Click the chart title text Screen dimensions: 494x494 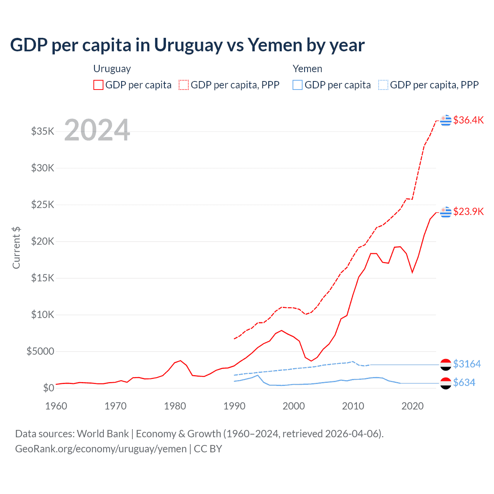187,45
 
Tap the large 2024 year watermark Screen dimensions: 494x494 97,130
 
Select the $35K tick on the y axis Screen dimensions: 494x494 43,131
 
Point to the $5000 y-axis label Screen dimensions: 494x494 40,351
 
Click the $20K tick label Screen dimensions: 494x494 43,241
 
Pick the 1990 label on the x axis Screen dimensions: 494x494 234,406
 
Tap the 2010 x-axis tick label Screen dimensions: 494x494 353,406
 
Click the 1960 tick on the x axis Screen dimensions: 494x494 56,406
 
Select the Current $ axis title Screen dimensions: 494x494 16,248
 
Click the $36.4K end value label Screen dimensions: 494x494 468,120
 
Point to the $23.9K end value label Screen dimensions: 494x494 468,211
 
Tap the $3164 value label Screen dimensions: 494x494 467,364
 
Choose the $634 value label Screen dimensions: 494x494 464,382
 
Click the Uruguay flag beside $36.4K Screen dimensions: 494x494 446,120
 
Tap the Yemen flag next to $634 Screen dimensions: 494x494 446,383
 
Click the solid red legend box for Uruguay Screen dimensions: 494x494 98,85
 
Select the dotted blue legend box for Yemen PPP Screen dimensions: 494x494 383,85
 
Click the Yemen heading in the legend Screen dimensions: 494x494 307,69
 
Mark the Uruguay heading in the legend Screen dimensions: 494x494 112,69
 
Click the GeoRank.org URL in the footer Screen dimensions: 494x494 101,449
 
